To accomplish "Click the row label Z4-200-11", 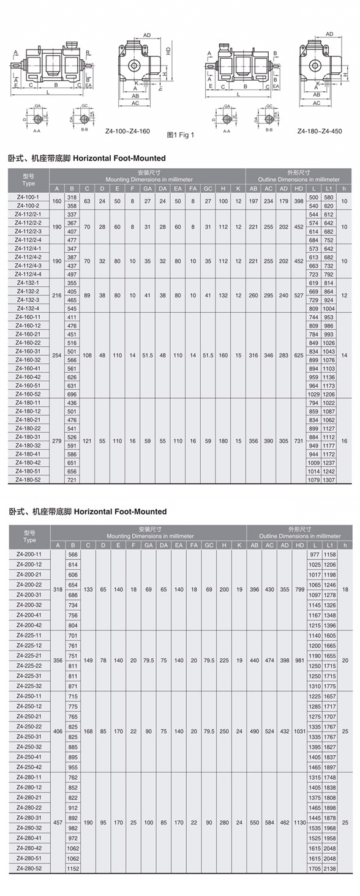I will tap(29, 554).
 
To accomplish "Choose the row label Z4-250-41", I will tap(29, 756).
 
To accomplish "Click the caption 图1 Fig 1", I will tap(181, 135).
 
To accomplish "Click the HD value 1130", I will tap(299, 822).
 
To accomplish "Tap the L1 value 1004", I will tap(329, 308).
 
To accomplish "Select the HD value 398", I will tap(299, 201).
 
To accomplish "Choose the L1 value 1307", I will tap(329, 480).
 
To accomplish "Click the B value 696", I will tap(72, 394).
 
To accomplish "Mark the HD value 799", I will tap(299, 589).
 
